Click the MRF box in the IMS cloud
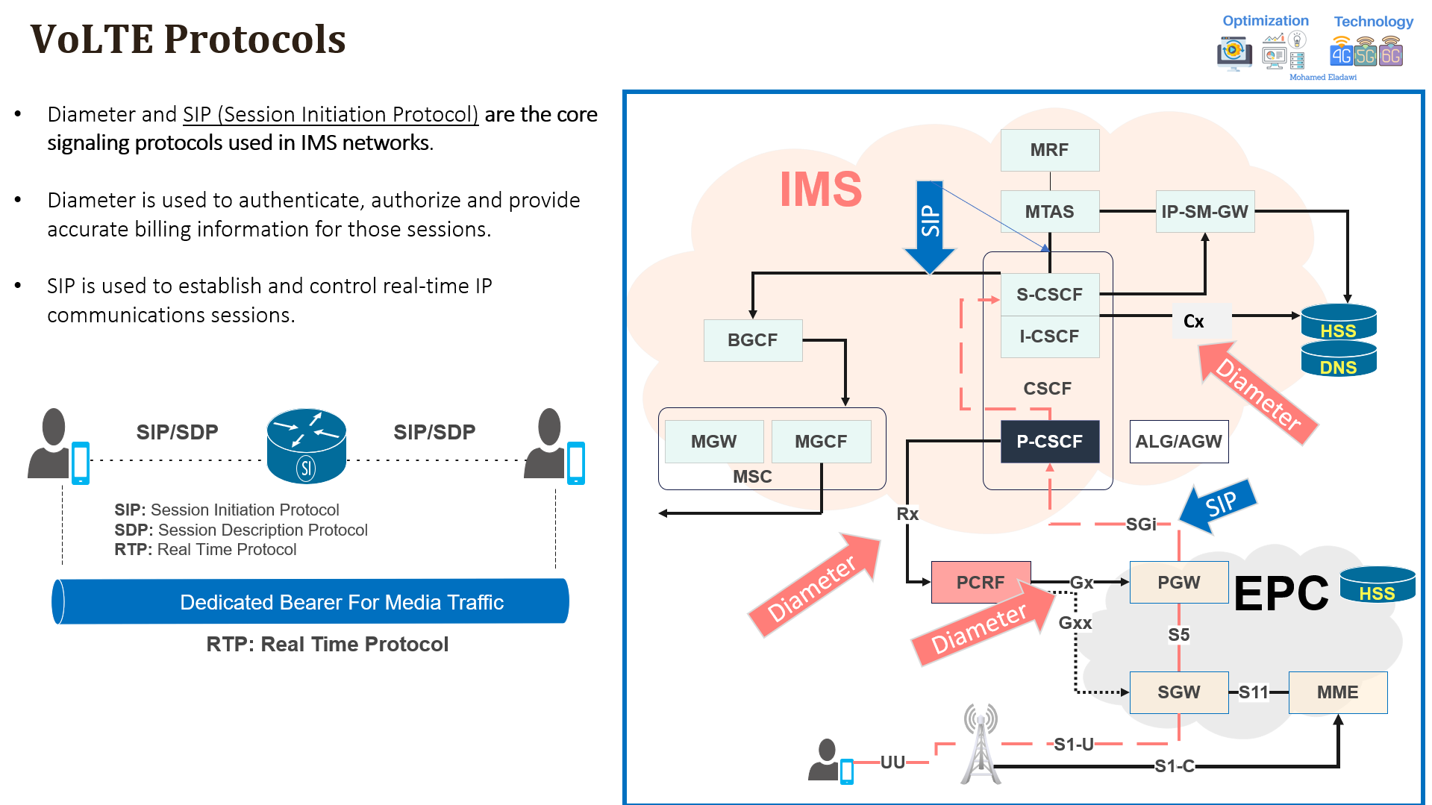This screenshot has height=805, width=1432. coord(1049,150)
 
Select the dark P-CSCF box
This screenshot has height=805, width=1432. coord(1049,442)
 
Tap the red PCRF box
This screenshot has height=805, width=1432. coord(981,583)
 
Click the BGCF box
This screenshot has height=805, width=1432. coord(752,340)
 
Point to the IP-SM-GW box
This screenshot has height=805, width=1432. coord(1204,212)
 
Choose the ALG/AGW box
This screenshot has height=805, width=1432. coord(1178,442)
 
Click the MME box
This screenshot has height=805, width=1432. coord(1337,692)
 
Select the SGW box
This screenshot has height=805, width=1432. coord(1178,692)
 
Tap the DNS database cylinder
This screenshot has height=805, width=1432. coord(1338,364)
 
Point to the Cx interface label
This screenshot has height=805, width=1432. coord(1193,322)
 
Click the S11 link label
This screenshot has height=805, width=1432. coord(1254,692)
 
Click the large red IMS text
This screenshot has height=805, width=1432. coord(821,189)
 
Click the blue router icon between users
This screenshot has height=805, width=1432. coord(306,446)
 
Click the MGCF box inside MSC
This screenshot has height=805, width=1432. coord(821,442)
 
